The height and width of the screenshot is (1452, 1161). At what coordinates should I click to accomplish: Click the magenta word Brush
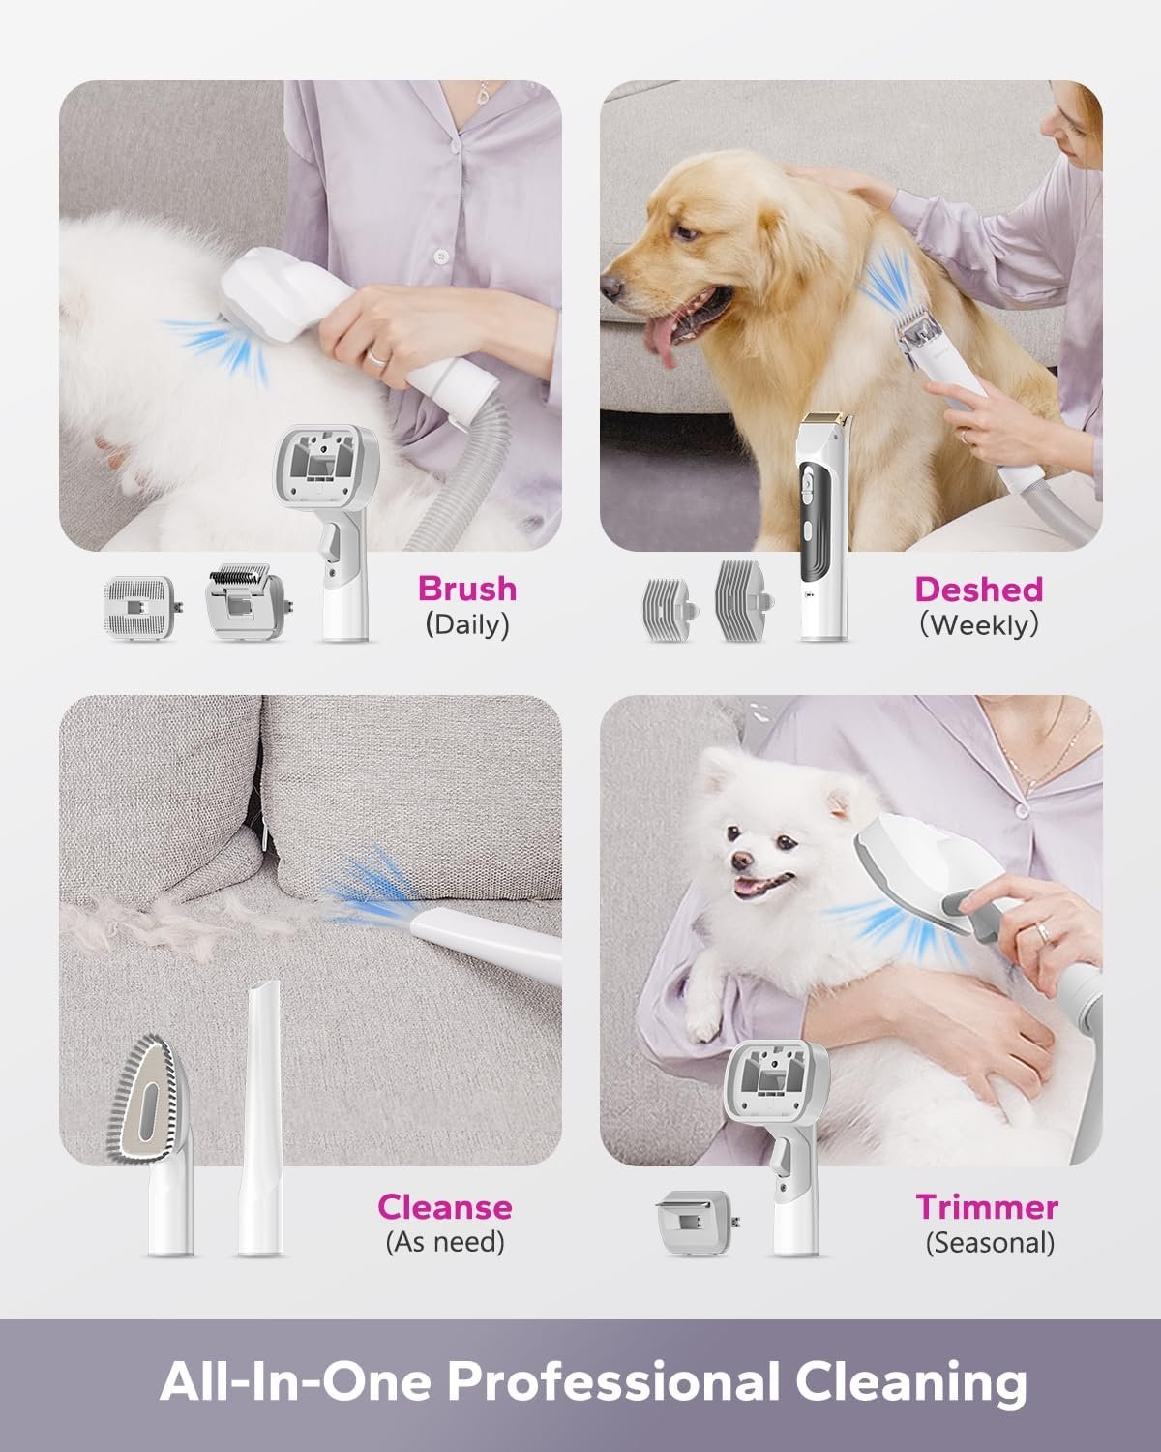click(x=467, y=589)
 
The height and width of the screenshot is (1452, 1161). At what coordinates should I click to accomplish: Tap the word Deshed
click(x=979, y=590)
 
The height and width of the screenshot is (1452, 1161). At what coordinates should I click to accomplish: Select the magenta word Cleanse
click(x=445, y=1207)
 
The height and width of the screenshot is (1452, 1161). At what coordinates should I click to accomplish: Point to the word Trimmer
click(x=987, y=1207)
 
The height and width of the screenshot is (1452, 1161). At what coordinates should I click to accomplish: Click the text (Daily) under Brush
click(x=467, y=624)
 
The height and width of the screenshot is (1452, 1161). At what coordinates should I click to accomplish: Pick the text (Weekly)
click(x=979, y=624)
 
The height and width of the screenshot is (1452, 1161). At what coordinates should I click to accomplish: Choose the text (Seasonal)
click(x=990, y=1243)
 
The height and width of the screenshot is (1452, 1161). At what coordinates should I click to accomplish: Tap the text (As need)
click(x=445, y=1242)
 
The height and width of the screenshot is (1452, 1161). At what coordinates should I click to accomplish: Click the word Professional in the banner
click(x=612, y=1380)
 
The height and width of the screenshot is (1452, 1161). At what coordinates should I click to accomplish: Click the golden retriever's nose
click(x=611, y=287)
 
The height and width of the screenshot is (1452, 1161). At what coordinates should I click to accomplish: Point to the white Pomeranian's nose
click(x=743, y=861)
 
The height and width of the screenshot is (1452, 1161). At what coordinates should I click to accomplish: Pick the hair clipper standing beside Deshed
click(x=823, y=527)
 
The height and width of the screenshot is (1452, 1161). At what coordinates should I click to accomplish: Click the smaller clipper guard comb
click(x=668, y=609)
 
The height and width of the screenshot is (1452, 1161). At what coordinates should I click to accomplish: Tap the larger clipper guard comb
click(x=743, y=600)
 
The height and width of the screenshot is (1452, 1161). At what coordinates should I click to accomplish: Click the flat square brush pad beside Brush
click(x=141, y=607)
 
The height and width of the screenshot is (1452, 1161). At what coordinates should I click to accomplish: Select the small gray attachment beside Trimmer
click(x=696, y=1223)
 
